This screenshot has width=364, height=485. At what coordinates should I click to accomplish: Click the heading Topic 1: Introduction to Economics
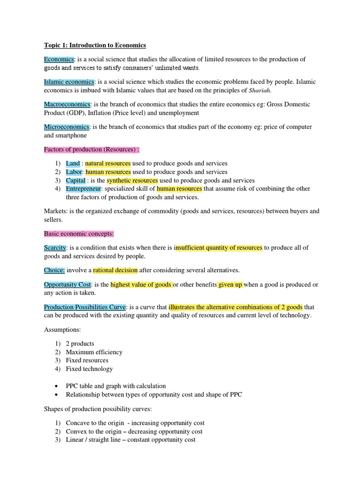(95, 45)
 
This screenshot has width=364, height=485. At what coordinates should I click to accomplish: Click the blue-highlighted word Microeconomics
(66, 127)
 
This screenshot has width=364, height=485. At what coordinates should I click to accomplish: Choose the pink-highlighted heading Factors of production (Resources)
(91, 150)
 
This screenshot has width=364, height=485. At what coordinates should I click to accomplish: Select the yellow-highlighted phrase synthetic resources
(132, 180)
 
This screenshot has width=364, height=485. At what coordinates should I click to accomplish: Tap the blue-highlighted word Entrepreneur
(83, 189)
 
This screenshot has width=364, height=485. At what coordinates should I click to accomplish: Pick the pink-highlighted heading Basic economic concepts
(79, 234)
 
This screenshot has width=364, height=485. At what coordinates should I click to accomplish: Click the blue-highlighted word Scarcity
(55, 248)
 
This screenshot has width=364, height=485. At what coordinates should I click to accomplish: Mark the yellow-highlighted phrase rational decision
(115, 270)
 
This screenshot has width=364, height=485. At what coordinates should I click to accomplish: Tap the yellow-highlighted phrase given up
(230, 285)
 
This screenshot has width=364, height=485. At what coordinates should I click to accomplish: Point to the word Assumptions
(61, 330)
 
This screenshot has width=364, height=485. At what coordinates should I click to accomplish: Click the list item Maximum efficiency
(94, 352)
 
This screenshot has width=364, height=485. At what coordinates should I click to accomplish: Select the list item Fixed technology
(89, 369)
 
